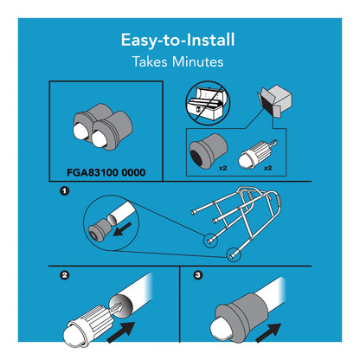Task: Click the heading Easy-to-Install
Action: [177, 40]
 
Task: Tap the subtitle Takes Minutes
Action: [177, 61]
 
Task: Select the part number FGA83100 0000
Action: [106, 172]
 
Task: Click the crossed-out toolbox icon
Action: [208, 103]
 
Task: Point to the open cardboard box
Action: [274, 100]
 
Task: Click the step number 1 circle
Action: [64, 190]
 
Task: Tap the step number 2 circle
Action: [64, 275]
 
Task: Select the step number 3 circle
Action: [197, 275]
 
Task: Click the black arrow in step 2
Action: [121, 332]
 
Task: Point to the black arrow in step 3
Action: [268, 332]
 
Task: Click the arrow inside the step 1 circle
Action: [122, 229]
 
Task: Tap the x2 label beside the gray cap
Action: [222, 168]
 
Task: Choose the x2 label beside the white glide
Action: [268, 168]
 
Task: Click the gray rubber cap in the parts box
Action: [208, 151]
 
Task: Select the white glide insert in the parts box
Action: [258, 154]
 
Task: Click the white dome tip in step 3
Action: [220, 329]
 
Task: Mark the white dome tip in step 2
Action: [74, 336]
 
